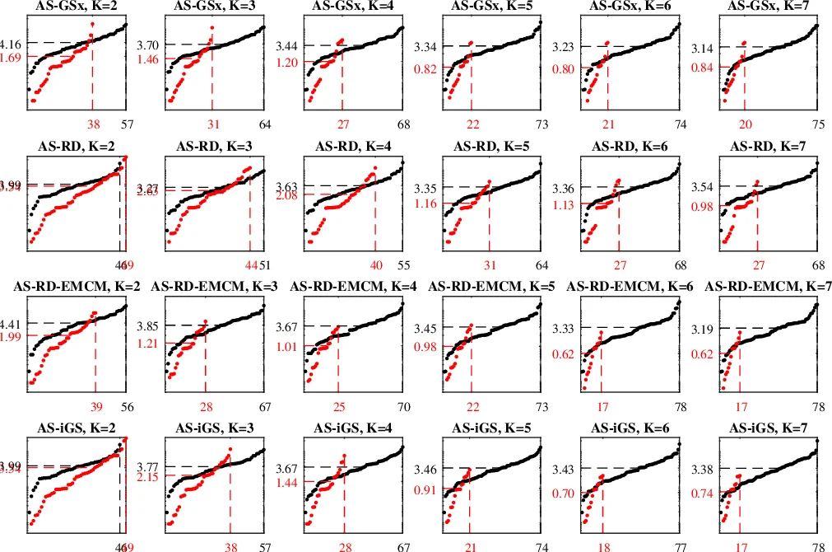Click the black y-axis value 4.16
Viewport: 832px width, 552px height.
15,43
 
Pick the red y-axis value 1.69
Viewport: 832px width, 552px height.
15,57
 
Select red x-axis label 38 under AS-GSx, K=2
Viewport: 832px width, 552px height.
91,124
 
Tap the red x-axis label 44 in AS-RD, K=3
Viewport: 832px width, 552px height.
250,264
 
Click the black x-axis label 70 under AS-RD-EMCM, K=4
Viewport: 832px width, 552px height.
403,405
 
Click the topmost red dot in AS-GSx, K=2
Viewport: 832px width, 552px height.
92,25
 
